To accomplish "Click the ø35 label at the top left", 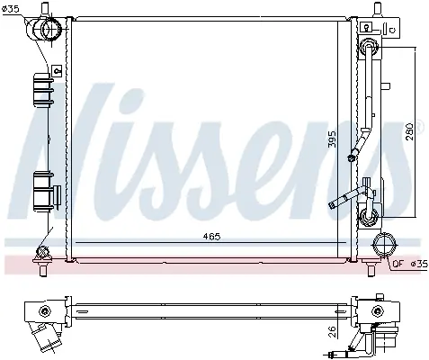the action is pyautogui.click(x=11, y=9).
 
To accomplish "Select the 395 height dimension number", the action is pyautogui.click(x=333, y=139).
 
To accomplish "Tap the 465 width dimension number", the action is pyautogui.click(x=211, y=237).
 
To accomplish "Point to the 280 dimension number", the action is pyautogui.click(x=410, y=131).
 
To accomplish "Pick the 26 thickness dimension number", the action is pyautogui.click(x=333, y=332).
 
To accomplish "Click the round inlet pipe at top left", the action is pyautogui.click(x=47, y=29).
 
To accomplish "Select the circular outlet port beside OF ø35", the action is pyautogui.click(x=385, y=245).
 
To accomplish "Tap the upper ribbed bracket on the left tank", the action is pyautogui.click(x=43, y=90).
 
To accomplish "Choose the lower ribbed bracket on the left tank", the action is pyautogui.click(x=43, y=191).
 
